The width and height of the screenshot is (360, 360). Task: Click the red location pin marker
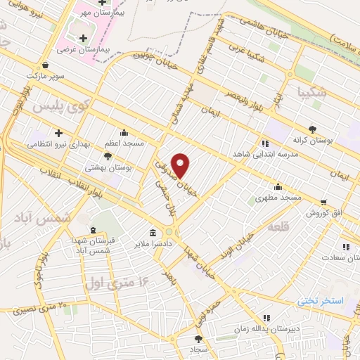coord(181,165)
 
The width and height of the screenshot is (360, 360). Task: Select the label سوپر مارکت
coord(46,75)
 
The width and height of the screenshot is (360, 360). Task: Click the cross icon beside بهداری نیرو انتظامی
coord(59,132)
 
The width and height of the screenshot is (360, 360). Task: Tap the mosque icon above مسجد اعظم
coord(124,131)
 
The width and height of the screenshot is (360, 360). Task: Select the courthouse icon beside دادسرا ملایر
coord(153,233)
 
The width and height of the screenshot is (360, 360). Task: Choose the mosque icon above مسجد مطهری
coord(279,187)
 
